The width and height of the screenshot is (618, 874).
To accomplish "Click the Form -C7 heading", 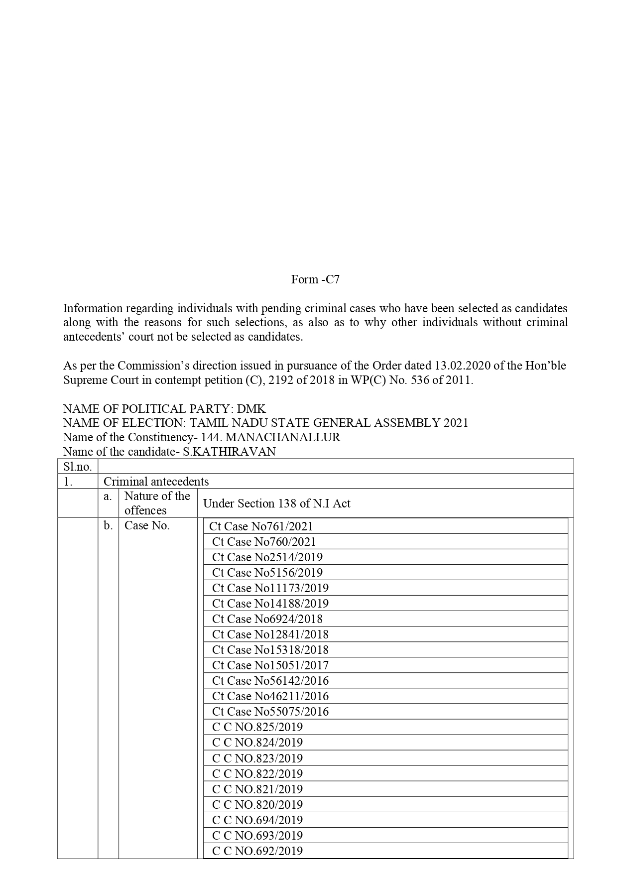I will point(315,279).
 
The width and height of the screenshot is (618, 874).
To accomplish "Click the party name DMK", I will point(251,409).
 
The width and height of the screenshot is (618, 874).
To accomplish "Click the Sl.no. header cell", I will point(78,467).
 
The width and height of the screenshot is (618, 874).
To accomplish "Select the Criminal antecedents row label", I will point(156,482).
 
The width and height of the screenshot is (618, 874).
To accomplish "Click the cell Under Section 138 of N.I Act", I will point(276,503).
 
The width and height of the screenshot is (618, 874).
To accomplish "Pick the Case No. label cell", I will point(147,525).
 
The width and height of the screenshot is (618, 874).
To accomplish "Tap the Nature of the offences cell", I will point(157,503).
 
